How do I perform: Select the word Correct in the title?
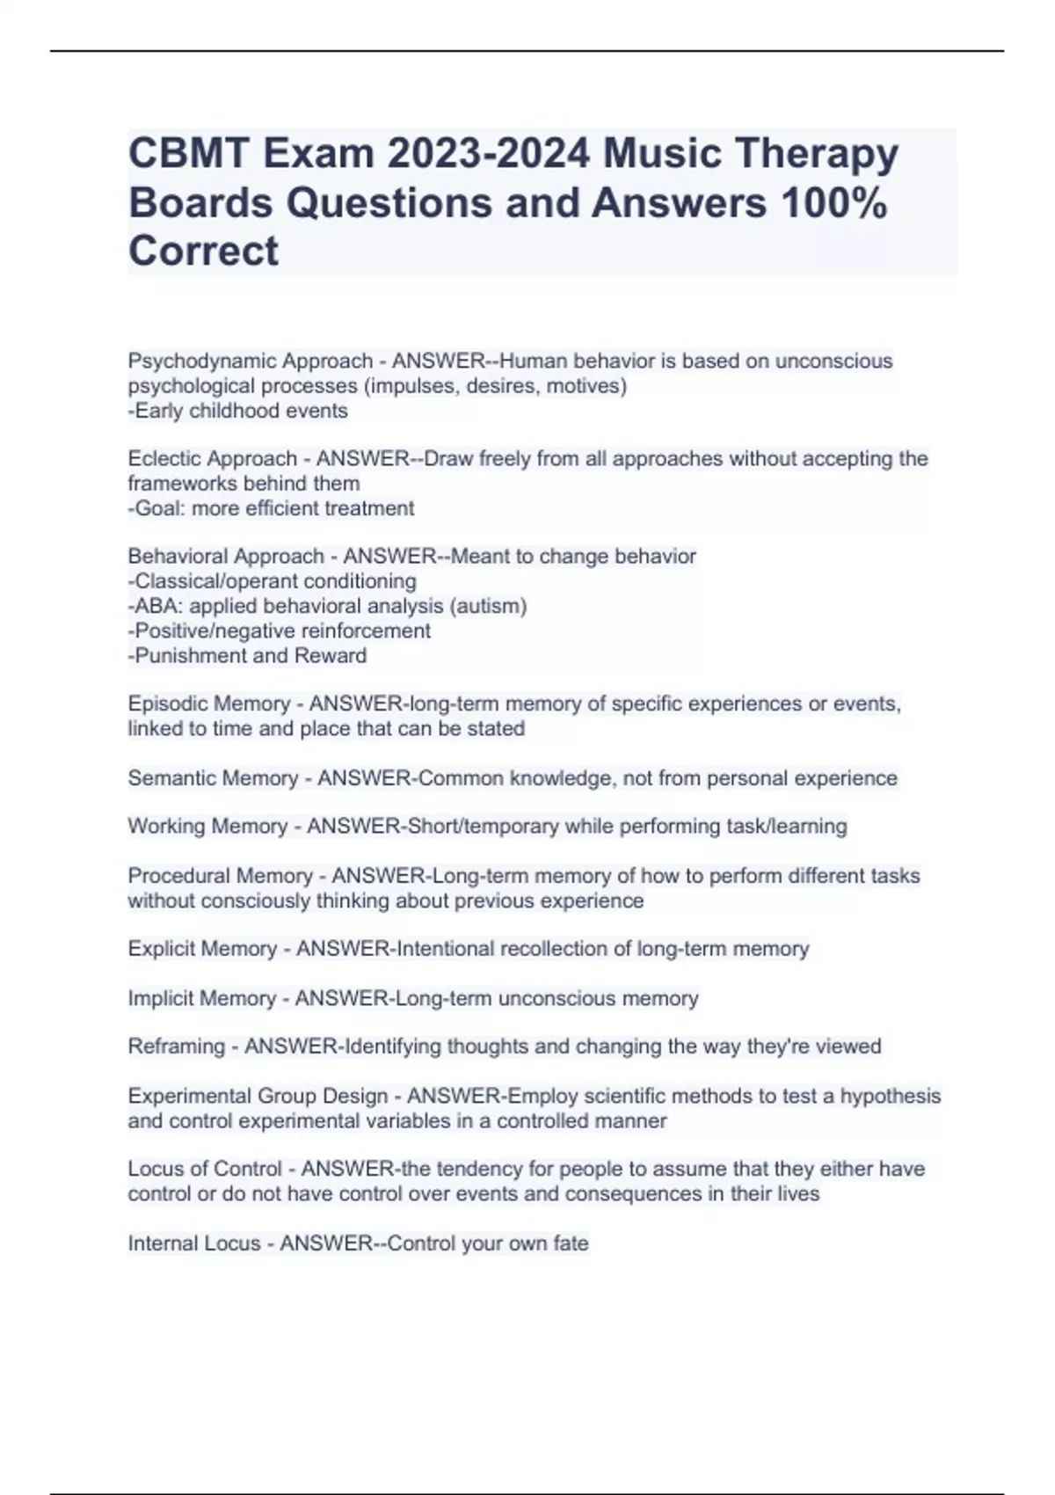tap(203, 252)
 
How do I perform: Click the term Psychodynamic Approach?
tap(251, 361)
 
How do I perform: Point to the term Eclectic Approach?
tap(213, 459)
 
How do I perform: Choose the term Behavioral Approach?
tap(226, 557)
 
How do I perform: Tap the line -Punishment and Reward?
tap(247, 656)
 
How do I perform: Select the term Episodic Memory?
tap(209, 704)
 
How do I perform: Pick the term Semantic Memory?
tap(213, 778)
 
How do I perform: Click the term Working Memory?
tap(207, 827)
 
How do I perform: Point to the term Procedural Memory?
tap(220, 876)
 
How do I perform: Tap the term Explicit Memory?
tap(202, 949)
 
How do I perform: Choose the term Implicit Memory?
tap(201, 998)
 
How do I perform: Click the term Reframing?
tap(177, 1046)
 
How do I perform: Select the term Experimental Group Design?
tap(258, 1097)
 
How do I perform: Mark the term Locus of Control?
tap(205, 1170)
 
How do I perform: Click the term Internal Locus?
tap(194, 1243)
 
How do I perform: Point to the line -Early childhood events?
tap(238, 411)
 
